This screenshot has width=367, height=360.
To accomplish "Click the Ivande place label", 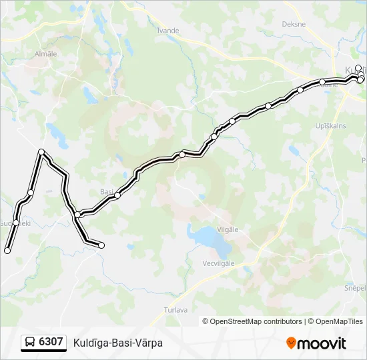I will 167,30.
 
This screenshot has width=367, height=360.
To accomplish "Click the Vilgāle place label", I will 228,229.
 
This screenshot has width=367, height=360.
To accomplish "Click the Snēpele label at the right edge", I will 355,287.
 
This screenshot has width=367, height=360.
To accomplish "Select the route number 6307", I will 51,342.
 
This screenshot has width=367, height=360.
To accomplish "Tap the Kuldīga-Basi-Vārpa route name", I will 118,343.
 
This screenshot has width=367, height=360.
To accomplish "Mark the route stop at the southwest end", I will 7,251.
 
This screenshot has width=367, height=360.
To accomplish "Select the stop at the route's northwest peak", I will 42,152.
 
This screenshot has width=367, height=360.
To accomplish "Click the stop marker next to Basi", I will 117,195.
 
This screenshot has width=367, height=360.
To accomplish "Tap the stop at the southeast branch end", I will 101,245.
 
